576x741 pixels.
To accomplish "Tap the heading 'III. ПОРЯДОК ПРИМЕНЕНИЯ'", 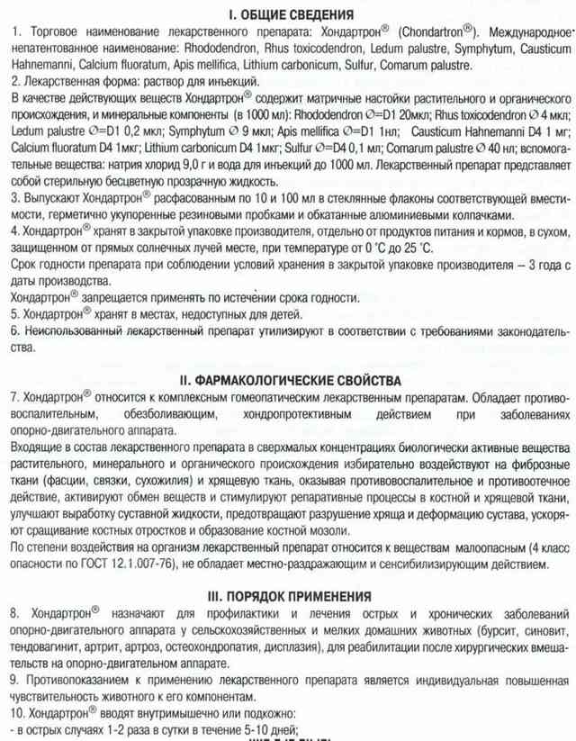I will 288,596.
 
